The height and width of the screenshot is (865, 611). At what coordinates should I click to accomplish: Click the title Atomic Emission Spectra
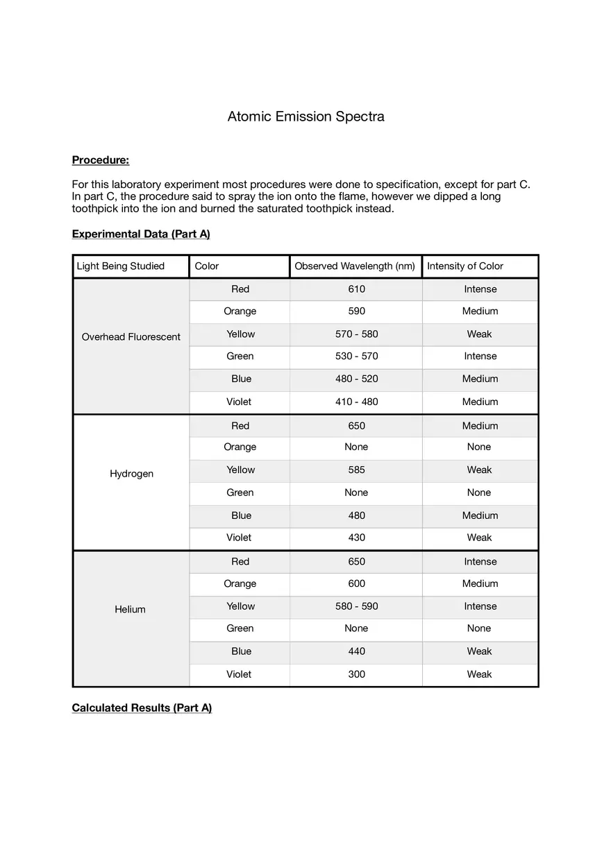(x=305, y=117)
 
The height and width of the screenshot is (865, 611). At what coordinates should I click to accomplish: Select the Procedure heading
(x=101, y=160)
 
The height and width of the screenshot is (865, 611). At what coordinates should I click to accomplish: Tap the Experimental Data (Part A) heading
(x=141, y=234)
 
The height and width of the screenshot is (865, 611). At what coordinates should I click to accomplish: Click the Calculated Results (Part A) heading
(x=142, y=708)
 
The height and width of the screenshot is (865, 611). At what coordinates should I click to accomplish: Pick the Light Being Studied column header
(x=121, y=266)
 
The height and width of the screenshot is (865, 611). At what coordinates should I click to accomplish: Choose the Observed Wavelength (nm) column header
(x=355, y=266)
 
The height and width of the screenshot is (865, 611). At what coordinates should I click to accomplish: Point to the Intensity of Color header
(x=465, y=266)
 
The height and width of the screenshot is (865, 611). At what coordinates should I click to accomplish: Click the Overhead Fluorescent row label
(x=131, y=337)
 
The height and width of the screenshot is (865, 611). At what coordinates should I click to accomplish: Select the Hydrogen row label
(x=131, y=474)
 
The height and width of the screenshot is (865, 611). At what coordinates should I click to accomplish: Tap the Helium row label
(x=131, y=610)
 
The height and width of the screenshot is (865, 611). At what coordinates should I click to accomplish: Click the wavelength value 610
(x=356, y=289)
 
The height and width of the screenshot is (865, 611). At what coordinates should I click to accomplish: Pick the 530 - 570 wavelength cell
(x=356, y=357)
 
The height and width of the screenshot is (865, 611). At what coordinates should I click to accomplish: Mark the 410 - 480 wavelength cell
(x=356, y=402)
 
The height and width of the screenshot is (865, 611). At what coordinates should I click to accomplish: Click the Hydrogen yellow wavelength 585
(x=356, y=470)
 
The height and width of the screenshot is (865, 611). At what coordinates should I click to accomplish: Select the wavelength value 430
(x=356, y=538)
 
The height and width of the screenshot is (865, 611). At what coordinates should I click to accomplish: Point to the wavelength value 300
(x=356, y=674)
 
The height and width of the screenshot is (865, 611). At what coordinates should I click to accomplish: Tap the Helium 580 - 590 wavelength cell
(x=356, y=606)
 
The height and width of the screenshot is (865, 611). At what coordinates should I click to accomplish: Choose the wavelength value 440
(x=356, y=651)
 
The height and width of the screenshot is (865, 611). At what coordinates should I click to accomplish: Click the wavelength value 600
(x=356, y=583)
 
